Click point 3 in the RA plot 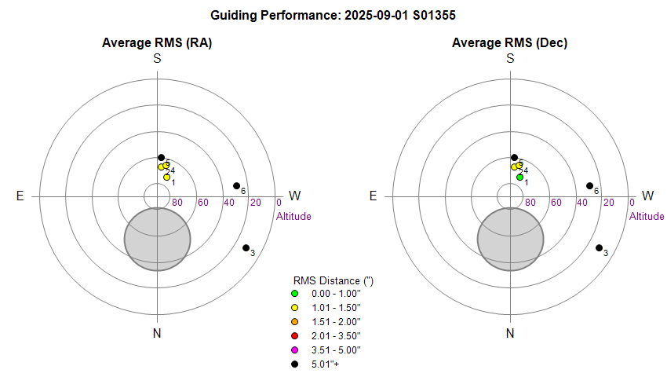coord(246,248)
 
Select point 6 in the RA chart coord(236,186)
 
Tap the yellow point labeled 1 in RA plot coord(166,178)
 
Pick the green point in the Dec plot coord(519,178)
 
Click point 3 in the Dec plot coord(599,248)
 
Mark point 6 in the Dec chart coord(589,186)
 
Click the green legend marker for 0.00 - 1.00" coord(295,294)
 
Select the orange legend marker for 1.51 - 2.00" coord(295,322)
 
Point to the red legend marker coord(295,336)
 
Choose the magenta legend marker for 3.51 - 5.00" coord(295,350)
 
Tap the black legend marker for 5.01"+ coord(295,364)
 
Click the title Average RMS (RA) coord(157,43)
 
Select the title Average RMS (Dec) coord(510,43)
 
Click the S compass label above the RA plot coord(157,59)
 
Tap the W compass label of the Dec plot coord(648,196)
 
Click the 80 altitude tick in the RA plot coord(177,203)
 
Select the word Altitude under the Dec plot coord(647,216)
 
